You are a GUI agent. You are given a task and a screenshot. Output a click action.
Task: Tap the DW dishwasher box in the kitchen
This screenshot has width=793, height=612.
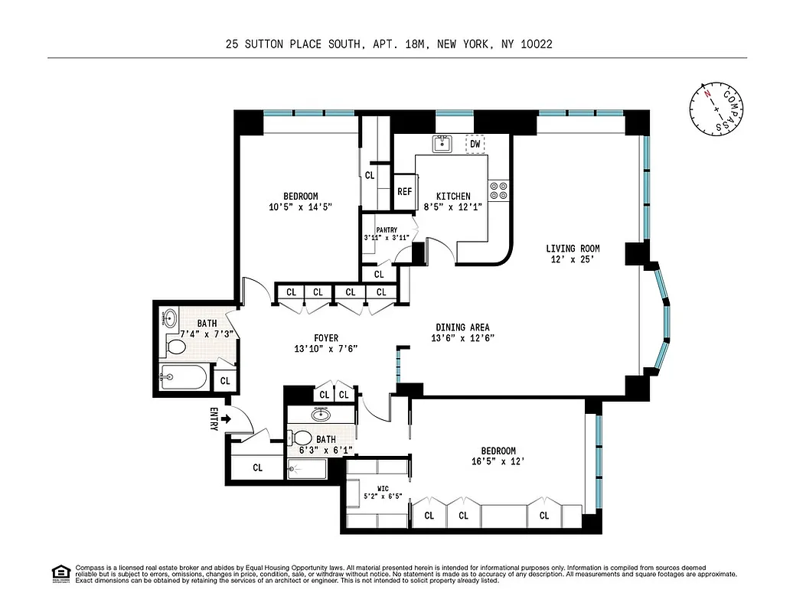[x=475, y=144]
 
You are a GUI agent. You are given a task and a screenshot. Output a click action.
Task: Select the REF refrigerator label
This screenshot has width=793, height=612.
[x=404, y=192]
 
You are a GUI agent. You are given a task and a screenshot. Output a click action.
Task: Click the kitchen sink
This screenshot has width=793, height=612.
[x=442, y=144]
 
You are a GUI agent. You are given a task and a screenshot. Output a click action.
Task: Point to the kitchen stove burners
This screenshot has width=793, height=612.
[x=498, y=190]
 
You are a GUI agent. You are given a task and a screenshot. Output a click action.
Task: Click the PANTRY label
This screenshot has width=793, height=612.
[x=387, y=229]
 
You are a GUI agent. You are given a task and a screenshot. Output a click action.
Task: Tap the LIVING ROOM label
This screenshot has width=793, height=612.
[x=573, y=249]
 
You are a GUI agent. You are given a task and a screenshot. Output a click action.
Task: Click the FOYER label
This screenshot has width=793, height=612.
[x=325, y=338]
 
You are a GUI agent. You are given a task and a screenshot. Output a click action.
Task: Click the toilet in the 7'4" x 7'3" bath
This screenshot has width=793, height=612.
[x=176, y=347]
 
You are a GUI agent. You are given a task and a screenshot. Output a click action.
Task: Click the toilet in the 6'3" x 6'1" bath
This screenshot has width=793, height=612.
[x=302, y=439]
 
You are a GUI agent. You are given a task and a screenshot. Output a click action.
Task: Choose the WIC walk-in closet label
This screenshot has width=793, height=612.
[x=383, y=487]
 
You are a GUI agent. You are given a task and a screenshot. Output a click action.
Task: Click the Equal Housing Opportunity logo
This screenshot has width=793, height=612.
[x=60, y=573]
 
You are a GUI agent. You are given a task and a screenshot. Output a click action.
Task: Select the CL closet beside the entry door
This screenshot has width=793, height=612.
[x=257, y=467]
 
